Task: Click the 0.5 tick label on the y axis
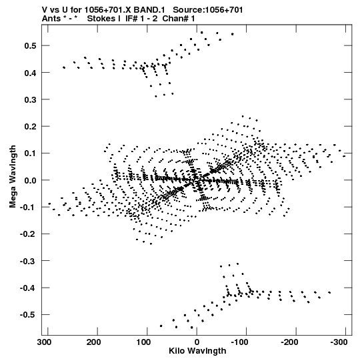tap(31, 45)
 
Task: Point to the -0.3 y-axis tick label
tap(28, 261)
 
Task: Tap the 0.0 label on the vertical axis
tap(31, 180)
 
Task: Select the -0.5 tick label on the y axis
tap(28, 315)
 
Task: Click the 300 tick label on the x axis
tap(44, 342)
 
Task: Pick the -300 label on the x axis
tap(339, 342)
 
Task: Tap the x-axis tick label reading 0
tap(197, 342)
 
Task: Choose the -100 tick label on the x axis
tap(240, 342)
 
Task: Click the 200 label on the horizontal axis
tap(93, 342)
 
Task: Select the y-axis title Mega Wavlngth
tap(13, 177)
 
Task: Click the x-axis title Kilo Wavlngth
tap(197, 351)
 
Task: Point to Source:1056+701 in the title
tap(208, 10)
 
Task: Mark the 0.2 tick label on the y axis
tap(31, 126)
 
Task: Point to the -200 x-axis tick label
tap(289, 342)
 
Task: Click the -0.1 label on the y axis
tap(28, 208)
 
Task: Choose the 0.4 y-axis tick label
tap(31, 73)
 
